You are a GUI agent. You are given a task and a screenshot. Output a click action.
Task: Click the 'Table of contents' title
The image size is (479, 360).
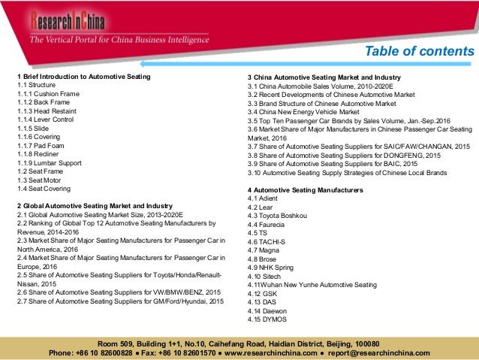tap(419, 51)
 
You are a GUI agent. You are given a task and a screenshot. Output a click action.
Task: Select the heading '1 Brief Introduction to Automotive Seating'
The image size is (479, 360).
tap(84, 77)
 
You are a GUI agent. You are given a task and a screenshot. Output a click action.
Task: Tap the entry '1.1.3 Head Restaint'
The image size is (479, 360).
tap(50, 110)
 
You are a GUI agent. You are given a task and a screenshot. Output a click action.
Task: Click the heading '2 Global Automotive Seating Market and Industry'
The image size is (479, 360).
tap(95, 205)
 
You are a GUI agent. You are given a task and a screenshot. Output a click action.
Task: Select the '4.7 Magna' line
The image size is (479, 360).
tap(262, 250)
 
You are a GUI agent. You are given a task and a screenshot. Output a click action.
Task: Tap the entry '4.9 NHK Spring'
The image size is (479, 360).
tap(270, 268)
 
